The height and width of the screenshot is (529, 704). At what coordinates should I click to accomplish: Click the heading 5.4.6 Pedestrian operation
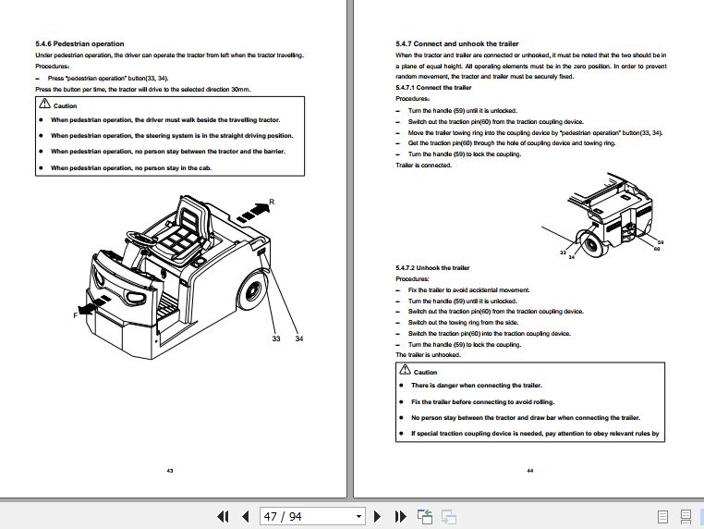click(x=79, y=43)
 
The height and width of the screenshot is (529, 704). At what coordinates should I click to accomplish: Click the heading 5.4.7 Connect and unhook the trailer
click(x=456, y=43)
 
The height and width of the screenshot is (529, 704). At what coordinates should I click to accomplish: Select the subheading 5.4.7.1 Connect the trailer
click(x=433, y=88)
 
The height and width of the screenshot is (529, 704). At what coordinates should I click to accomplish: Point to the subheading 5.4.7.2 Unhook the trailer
click(x=434, y=267)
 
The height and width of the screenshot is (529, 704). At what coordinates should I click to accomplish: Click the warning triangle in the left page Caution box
click(x=44, y=106)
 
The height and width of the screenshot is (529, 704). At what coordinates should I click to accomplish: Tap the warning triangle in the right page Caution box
click(x=404, y=371)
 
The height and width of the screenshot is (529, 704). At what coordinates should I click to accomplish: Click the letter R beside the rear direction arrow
click(x=271, y=203)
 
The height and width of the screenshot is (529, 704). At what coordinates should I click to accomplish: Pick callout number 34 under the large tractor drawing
click(x=299, y=339)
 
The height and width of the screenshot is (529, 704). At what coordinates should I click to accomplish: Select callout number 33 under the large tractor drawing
click(x=275, y=339)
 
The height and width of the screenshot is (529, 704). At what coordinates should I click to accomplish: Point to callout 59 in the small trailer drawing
click(x=660, y=242)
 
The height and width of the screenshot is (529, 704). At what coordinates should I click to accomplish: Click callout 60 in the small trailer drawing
click(x=656, y=249)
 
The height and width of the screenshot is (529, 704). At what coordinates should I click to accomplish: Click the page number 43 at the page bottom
click(x=170, y=471)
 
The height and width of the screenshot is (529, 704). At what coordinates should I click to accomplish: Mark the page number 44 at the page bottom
click(x=530, y=471)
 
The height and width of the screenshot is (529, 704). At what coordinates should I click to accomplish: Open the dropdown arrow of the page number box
click(x=358, y=516)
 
